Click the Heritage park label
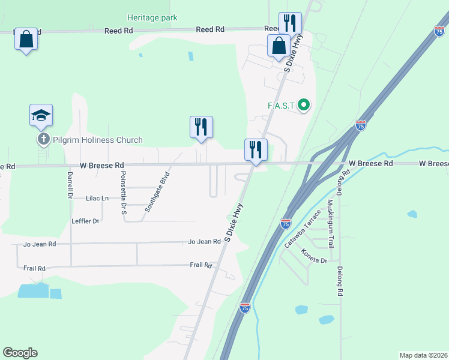[152, 18]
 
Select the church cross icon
[43, 140]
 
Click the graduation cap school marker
[41, 115]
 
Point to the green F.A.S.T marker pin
[304, 106]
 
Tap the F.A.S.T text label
[281, 106]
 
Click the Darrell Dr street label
[70, 187]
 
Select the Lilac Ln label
[97, 198]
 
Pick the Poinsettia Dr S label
[124, 185]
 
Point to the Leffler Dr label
[85, 221]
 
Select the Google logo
[20, 353]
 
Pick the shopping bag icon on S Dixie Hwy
[279, 46]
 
